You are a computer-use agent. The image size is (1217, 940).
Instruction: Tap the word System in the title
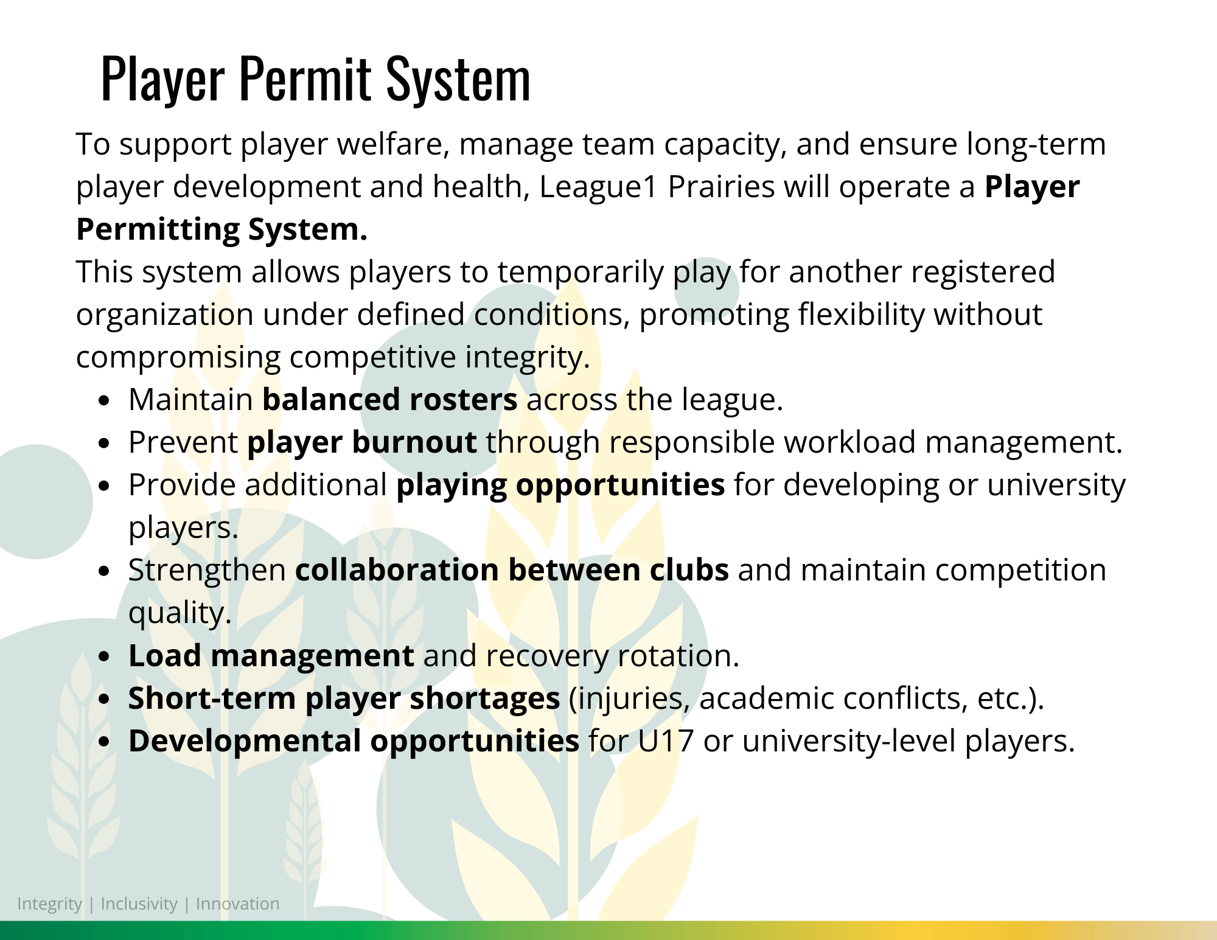click(x=459, y=78)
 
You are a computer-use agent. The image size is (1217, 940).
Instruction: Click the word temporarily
click(x=581, y=272)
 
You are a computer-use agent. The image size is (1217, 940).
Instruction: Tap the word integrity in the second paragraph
click(x=528, y=357)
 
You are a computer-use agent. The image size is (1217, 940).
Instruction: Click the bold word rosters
click(x=464, y=400)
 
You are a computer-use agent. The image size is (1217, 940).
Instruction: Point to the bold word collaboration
click(x=397, y=570)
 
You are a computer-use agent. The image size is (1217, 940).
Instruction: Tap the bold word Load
click(x=165, y=656)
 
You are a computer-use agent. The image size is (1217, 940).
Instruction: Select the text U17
click(x=666, y=741)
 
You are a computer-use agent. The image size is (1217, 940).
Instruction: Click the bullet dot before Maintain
click(x=104, y=401)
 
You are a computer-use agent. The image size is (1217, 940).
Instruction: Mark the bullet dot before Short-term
click(x=104, y=700)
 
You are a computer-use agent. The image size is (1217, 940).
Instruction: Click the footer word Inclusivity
click(x=139, y=904)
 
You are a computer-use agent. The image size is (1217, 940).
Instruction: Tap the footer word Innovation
click(x=238, y=904)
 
